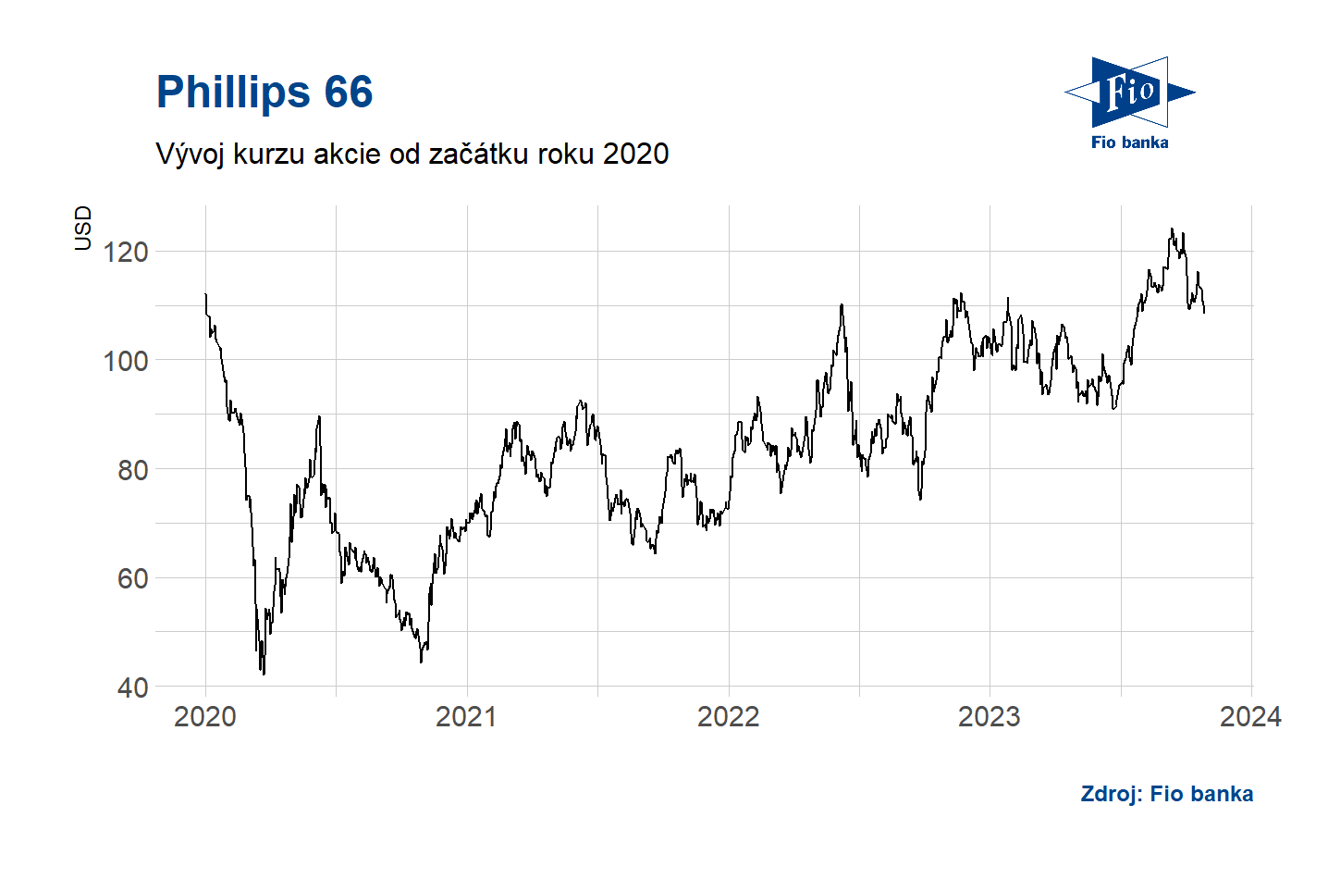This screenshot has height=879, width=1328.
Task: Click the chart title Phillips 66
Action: (x=264, y=93)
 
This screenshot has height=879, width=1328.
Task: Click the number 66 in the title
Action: (x=348, y=93)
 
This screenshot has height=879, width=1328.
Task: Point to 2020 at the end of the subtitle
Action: (x=635, y=154)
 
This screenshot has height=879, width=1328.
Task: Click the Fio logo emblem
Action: (x=1129, y=92)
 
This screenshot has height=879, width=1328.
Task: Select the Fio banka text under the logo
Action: (x=1129, y=142)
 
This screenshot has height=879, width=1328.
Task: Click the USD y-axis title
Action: (x=83, y=228)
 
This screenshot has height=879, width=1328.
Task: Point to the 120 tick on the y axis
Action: (x=126, y=252)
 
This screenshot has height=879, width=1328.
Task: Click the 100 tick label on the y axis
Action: (x=126, y=361)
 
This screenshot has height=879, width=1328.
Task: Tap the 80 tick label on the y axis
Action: (x=132, y=470)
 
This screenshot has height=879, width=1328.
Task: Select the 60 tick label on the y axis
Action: (x=132, y=578)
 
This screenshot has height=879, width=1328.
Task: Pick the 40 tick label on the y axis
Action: (x=132, y=687)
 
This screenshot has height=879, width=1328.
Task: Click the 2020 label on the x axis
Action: (x=205, y=716)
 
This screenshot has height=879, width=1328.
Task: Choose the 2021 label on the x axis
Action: (x=466, y=716)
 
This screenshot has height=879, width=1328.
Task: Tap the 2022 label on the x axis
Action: (x=728, y=716)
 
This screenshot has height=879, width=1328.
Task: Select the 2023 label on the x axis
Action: (x=990, y=716)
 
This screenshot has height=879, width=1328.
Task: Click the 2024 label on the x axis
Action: (x=1250, y=716)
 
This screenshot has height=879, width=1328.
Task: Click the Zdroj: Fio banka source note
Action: (x=1167, y=794)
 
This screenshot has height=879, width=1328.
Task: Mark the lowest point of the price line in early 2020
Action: (x=264, y=674)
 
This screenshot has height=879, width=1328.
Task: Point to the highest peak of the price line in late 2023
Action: (x=1172, y=229)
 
